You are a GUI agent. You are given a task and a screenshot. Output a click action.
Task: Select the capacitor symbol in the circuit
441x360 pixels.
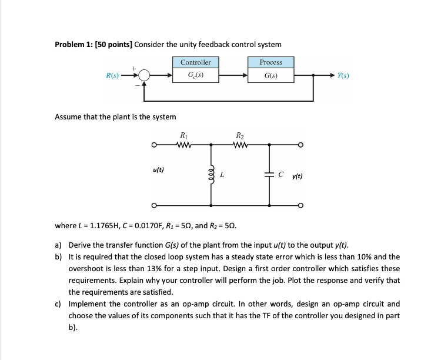[270, 175]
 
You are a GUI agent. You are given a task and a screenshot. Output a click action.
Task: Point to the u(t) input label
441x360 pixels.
[158, 169]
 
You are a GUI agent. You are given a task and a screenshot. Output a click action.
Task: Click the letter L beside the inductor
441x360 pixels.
[221, 175]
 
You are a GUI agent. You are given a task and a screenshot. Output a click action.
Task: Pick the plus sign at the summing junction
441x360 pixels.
[134, 68]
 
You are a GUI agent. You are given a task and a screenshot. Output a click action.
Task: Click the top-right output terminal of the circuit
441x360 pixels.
[299, 145]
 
